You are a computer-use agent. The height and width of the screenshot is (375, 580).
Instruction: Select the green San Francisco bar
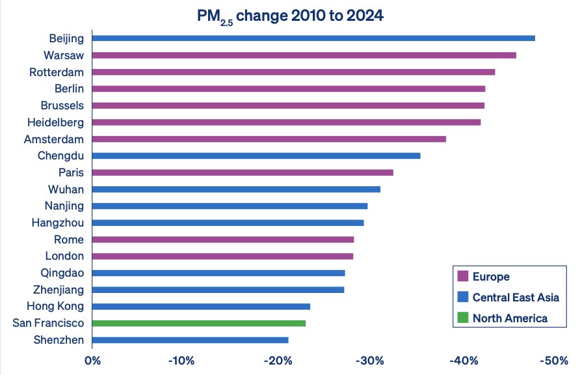point(199,323)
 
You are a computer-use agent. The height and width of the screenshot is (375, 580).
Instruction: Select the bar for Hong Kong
point(201,306)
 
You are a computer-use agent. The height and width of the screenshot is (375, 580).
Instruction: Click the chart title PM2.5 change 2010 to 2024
point(290,15)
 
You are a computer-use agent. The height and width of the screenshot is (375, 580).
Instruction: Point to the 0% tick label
point(92,360)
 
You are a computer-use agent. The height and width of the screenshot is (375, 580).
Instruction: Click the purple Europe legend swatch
point(463,276)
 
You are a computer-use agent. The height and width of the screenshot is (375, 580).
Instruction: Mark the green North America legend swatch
point(463,318)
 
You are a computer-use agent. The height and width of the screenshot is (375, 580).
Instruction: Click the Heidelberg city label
point(56,122)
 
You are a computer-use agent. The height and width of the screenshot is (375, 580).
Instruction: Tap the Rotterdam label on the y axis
point(57,72)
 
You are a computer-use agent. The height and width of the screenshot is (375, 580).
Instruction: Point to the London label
point(64,256)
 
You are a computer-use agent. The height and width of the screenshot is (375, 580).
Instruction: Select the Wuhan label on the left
point(66,189)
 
